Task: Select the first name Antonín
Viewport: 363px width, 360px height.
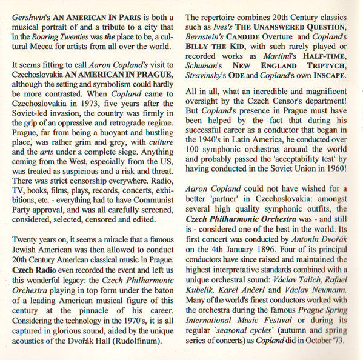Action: (x=297, y=248)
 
